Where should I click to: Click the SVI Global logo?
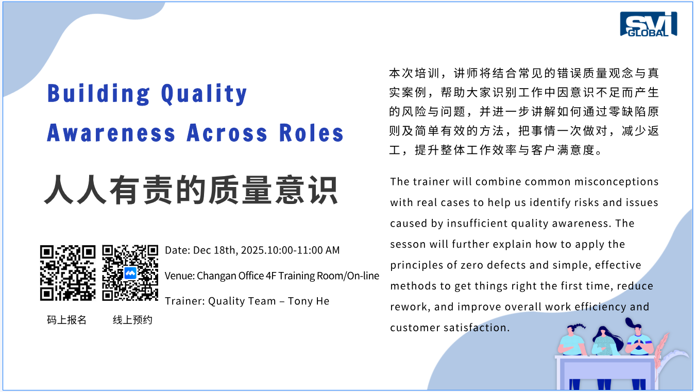(x=649, y=24)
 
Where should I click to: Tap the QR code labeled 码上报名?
(x=67, y=273)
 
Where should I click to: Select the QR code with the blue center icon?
(x=130, y=273)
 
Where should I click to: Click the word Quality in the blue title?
(x=204, y=94)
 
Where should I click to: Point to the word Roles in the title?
(x=311, y=133)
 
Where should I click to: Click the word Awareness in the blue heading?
(x=111, y=133)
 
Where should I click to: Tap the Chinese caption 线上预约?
(x=132, y=320)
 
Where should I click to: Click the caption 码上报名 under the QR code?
(x=66, y=320)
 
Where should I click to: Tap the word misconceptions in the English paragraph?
(x=616, y=182)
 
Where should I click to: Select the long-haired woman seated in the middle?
(x=606, y=341)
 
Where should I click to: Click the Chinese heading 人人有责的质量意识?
(x=191, y=190)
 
